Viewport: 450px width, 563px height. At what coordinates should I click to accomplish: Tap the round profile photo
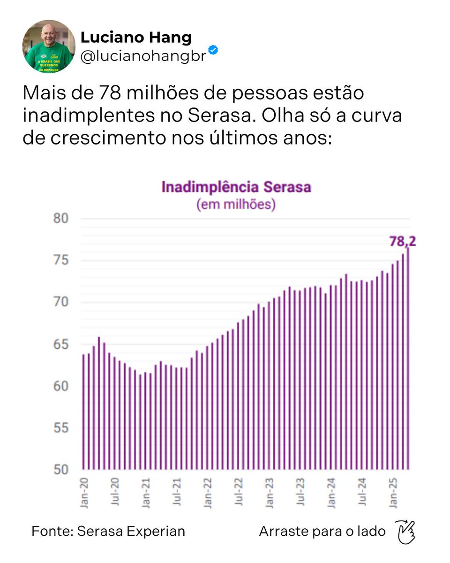(49, 47)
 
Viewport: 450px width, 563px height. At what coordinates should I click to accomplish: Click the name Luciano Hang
(136, 37)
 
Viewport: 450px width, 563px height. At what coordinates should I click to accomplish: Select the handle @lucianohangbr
(143, 56)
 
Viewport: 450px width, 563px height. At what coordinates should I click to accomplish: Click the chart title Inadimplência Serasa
(236, 187)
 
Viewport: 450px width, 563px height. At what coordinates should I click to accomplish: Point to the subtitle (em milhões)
(236, 205)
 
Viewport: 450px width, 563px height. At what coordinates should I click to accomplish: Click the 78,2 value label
(402, 241)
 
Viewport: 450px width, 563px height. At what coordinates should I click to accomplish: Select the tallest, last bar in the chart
(408, 357)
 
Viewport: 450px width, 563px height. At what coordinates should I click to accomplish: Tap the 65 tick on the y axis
(61, 344)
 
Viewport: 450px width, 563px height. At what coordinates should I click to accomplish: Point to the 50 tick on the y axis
(61, 470)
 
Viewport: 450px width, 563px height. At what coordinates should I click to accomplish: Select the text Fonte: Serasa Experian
(108, 531)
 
